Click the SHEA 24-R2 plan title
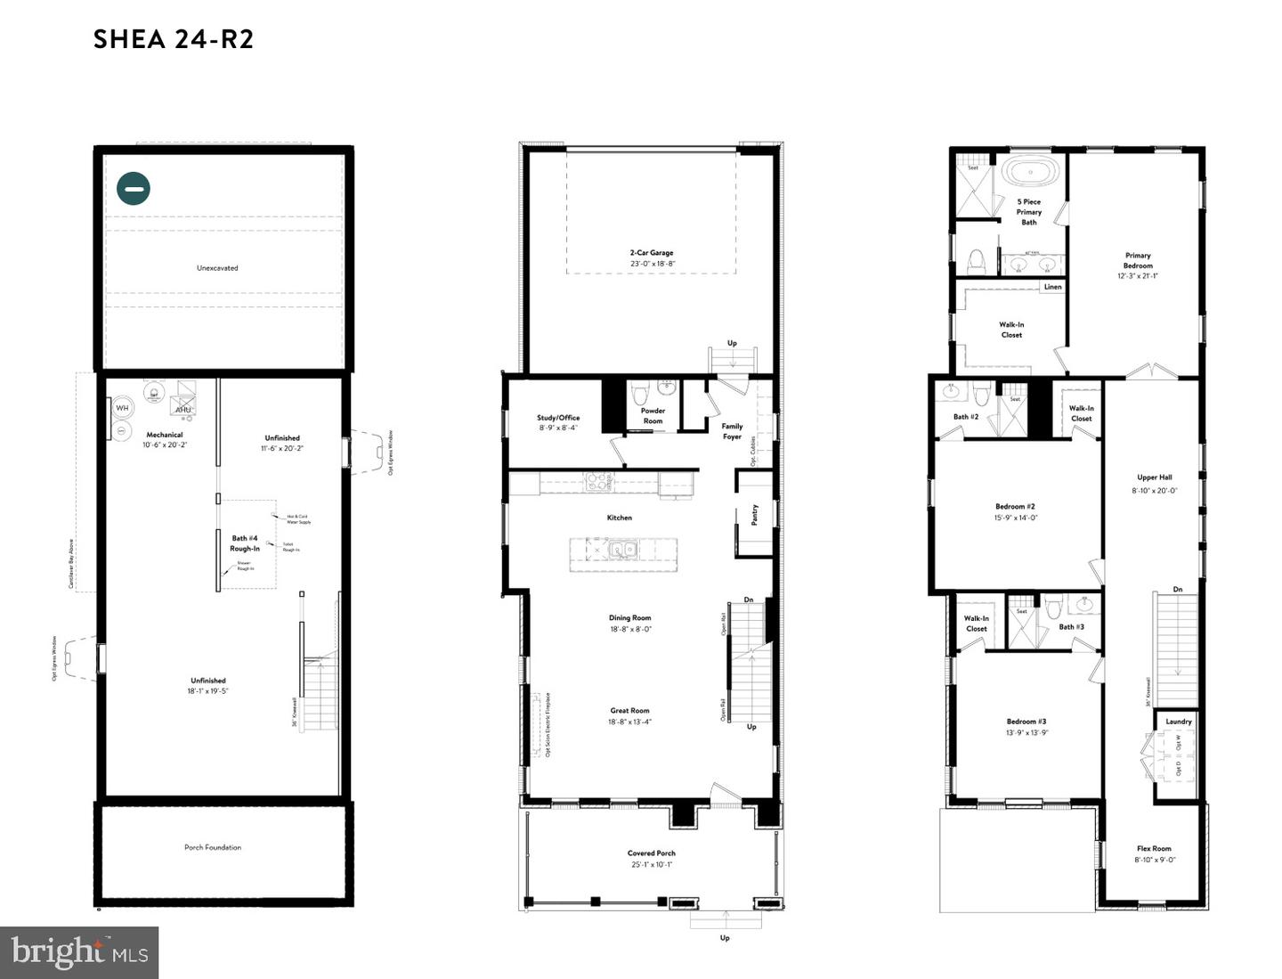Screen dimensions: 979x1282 174,39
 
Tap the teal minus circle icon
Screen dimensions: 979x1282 134,188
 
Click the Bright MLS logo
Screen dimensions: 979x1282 79,952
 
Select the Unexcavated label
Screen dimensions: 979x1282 217,267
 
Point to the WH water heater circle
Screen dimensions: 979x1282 122,408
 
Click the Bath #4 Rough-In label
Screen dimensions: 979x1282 245,543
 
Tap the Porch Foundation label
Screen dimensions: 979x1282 213,847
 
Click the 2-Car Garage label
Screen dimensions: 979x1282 652,253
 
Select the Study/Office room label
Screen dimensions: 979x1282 558,418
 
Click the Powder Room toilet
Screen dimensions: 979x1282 639,392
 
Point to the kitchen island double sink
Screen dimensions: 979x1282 623,550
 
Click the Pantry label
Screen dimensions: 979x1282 755,514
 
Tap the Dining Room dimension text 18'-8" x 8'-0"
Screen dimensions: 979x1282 630,629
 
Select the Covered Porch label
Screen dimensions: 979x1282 651,853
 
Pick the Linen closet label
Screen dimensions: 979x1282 1052,287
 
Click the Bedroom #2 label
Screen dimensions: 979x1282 1015,507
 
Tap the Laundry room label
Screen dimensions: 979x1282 1178,722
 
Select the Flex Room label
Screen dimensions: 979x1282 1154,849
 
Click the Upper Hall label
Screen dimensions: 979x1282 1154,477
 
